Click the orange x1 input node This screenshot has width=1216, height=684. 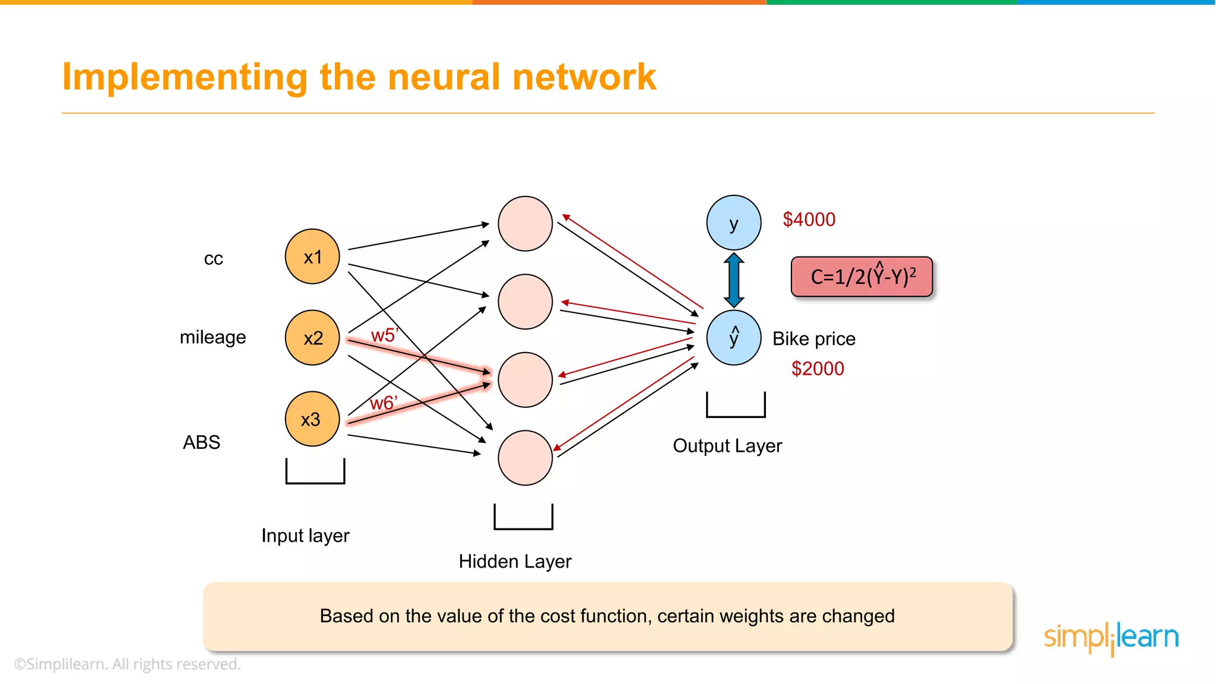click(312, 256)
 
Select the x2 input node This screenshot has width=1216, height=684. click(312, 337)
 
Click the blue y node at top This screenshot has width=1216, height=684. click(734, 223)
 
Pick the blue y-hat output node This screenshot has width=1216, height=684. click(734, 337)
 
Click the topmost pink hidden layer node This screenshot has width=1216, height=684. click(525, 224)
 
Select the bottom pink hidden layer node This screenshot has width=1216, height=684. click(525, 458)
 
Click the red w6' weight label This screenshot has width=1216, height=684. click(383, 403)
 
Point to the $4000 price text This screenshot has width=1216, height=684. click(809, 220)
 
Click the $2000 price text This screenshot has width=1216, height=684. click(818, 369)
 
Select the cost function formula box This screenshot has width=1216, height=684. click(862, 277)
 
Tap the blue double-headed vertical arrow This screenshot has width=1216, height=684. click(734, 280)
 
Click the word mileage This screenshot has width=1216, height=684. click(213, 337)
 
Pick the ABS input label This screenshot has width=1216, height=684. click(201, 442)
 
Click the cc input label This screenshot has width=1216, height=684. click(213, 259)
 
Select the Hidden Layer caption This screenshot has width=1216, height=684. click(515, 561)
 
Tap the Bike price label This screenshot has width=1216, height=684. click(814, 339)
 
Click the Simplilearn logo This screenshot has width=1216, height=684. click(1111, 638)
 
